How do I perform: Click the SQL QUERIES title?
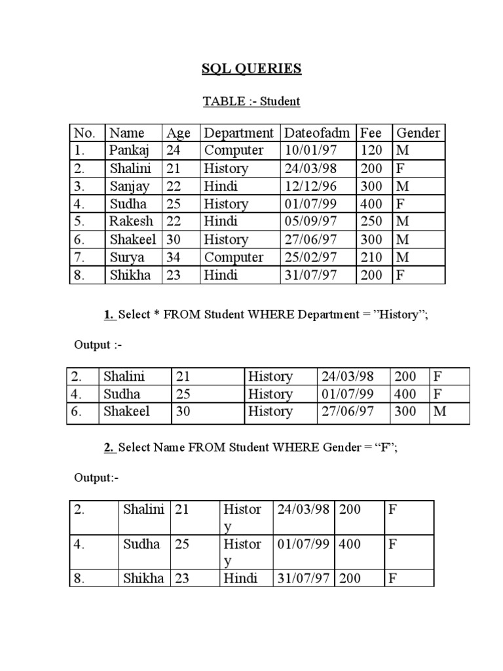[x=251, y=69]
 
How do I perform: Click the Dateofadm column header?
[x=318, y=133]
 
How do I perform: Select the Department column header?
[x=238, y=133]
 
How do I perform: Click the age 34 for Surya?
[x=174, y=258]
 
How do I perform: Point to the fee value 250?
[x=371, y=221]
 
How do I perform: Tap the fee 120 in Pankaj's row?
[x=371, y=151]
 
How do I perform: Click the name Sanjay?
[x=129, y=186]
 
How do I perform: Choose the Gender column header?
[x=419, y=133]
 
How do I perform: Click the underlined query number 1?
[x=108, y=315]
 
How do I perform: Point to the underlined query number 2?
[x=108, y=448]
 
